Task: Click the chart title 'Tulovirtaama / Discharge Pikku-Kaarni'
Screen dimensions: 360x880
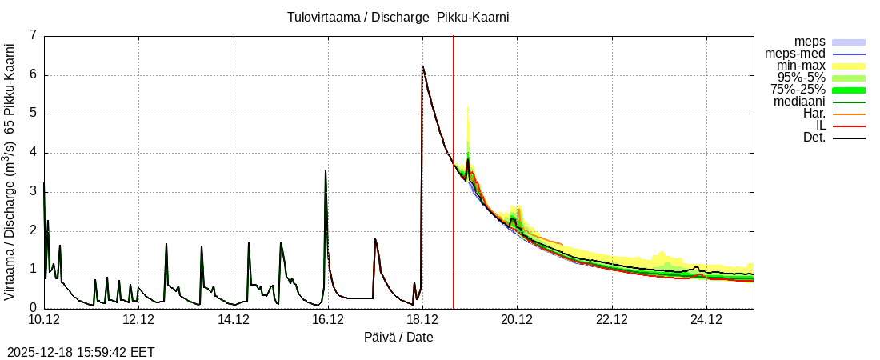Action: pyautogui.click(x=398, y=17)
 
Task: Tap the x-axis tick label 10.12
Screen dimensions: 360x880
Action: pyautogui.click(x=44, y=320)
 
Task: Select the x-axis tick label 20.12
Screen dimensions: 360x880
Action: pyautogui.click(x=517, y=320)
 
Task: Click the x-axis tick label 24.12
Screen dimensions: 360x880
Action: pyautogui.click(x=706, y=320)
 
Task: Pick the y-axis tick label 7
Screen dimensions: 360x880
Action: pyautogui.click(x=33, y=35)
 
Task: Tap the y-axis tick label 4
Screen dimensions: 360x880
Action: pyautogui.click(x=33, y=152)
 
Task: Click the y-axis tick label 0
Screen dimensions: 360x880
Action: pyautogui.click(x=33, y=308)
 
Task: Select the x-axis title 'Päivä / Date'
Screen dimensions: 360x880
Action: pyautogui.click(x=398, y=337)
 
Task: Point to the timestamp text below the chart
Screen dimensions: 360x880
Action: pyautogui.click(x=81, y=352)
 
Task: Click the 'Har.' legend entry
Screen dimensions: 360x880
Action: pyautogui.click(x=814, y=114)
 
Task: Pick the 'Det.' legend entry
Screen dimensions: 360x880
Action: pyautogui.click(x=814, y=138)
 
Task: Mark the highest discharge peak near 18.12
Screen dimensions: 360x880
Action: pyautogui.click(x=422, y=66)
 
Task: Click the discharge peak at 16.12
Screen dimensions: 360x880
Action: pyautogui.click(x=326, y=170)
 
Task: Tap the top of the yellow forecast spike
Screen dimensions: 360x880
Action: pyautogui.click(x=467, y=107)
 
